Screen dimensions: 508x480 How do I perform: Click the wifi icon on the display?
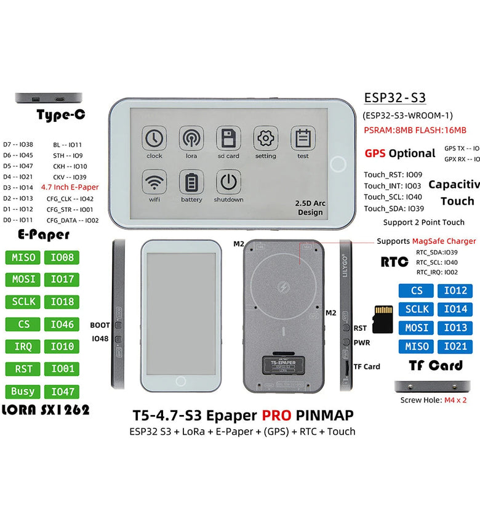click(154, 182)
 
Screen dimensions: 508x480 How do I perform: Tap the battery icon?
click(191, 182)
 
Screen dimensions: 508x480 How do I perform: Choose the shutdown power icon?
click(228, 182)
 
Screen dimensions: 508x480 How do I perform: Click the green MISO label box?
click(23, 257)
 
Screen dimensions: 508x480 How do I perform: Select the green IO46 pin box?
click(62, 324)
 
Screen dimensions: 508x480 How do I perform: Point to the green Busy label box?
click(23, 391)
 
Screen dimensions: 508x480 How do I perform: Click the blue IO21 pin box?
click(455, 346)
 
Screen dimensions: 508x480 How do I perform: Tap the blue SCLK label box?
click(417, 309)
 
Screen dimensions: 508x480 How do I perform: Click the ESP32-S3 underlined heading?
click(394, 97)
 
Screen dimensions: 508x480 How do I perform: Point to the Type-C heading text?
click(60, 115)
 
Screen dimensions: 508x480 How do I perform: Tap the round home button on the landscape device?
click(338, 164)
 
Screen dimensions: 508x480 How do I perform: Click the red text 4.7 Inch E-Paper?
click(70, 187)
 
